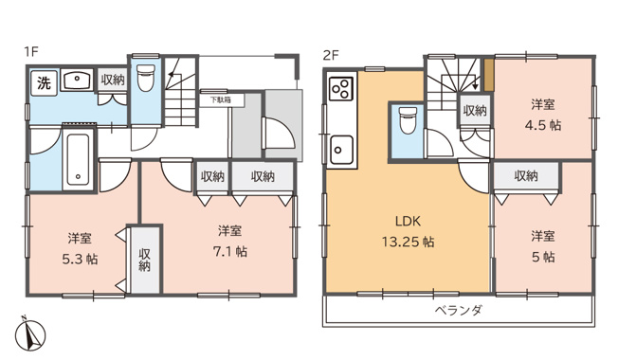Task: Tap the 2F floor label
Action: click(330, 54)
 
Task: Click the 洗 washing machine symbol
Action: click(44, 83)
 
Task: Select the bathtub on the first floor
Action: click(77, 160)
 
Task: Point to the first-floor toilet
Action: click(145, 80)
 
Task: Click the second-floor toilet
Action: click(408, 121)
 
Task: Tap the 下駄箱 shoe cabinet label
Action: click(221, 99)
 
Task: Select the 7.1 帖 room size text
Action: click(230, 252)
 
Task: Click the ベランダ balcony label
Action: click(459, 310)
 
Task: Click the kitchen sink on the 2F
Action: click(341, 149)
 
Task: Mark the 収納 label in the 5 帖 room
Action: click(527, 175)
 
